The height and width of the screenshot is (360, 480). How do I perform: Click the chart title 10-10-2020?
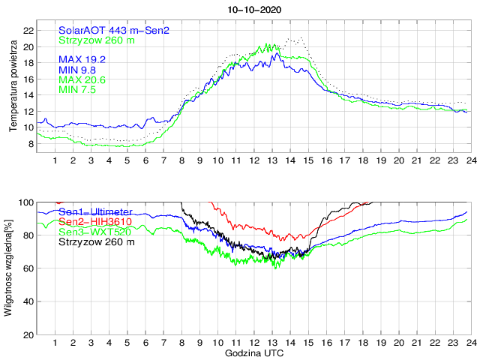[254, 8]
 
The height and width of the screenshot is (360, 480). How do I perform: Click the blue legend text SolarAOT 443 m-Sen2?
[114, 30]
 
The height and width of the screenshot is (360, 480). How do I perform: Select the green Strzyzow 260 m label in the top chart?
[97, 40]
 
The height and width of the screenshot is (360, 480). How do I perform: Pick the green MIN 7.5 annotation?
[79, 90]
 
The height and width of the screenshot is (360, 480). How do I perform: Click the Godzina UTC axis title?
[253, 352]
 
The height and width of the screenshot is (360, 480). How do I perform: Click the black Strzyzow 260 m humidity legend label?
[97, 242]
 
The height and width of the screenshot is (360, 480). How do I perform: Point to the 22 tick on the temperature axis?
[28, 31]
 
